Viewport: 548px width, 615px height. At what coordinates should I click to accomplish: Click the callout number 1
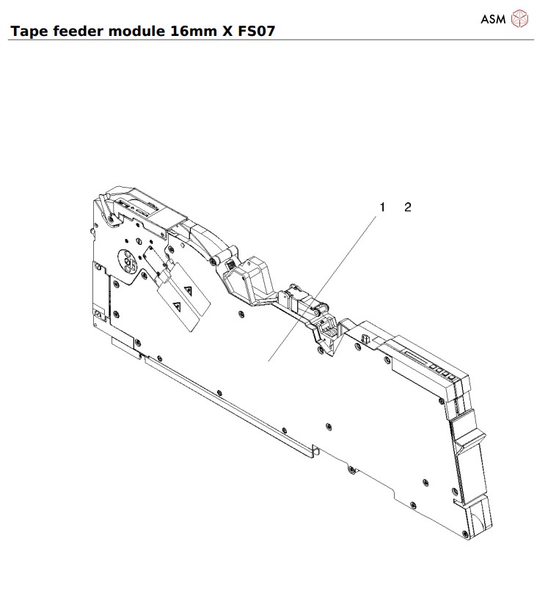[x=381, y=207]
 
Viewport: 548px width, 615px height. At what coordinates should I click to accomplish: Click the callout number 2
[x=408, y=207]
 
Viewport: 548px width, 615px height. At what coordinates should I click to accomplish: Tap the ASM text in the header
[x=493, y=20]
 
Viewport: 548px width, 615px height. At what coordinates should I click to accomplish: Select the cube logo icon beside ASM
[x=519, y=19]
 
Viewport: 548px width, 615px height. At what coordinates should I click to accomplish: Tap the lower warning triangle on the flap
[x=176, y=303]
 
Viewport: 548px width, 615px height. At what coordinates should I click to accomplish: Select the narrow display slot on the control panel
[x=415, y=358]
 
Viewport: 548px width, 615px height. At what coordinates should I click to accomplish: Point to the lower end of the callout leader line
[x=269, y=360]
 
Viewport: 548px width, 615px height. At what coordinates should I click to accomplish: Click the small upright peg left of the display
[x=364, y=339]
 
